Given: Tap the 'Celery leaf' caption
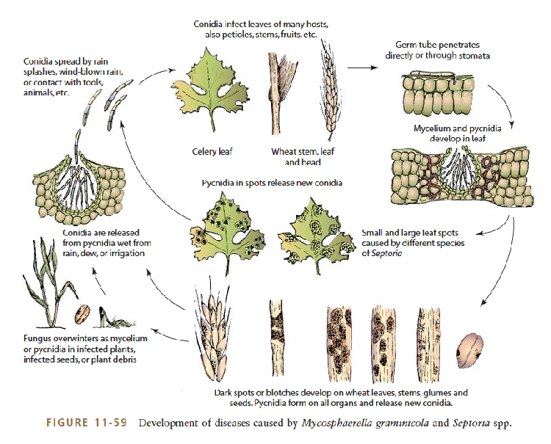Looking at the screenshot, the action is pos(212,152).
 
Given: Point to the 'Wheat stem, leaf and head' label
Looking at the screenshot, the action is pos(303,156).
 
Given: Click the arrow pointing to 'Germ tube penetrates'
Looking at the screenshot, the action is pos(362,68).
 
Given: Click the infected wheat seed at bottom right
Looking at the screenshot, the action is pos(469,350).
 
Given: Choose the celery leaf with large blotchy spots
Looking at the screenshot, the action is pos(316,234).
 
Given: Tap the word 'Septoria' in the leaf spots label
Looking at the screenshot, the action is pos(386,253).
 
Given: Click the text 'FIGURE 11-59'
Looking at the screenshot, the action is pos(87,422).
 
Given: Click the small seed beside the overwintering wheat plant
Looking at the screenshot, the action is pos(82,314).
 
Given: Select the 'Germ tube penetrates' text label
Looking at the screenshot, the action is pos(437,50).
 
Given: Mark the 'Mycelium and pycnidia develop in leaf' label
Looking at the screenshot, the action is pos(457,134).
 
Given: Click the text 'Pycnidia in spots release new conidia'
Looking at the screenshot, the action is pos(272,183).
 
